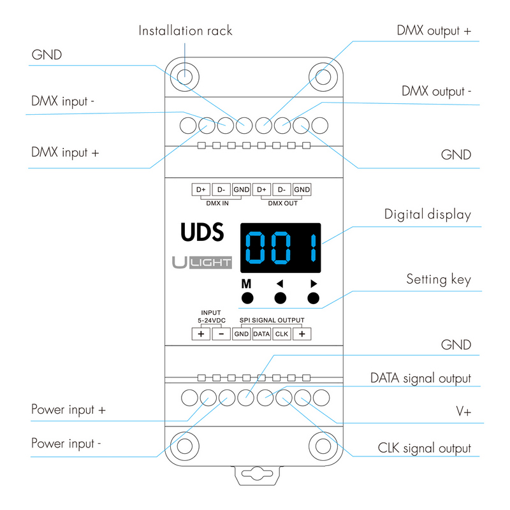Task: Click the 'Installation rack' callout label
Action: [x=186, y=31]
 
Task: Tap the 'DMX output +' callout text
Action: [x=434, y=30]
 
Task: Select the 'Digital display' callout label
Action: [x=427, y=214]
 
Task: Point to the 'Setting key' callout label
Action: [x=439, y=279]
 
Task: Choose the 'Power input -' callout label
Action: [x=66, y=443]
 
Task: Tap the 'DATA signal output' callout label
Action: [x=421, y=378]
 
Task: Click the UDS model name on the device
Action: [x=202, y=233]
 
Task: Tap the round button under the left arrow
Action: [x=280, y=298]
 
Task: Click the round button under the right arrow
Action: [x=312, y=298]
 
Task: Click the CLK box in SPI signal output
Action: [x=281, y=333]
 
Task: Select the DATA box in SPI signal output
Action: [x=261, y=333]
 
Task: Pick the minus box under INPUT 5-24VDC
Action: [x=221, y=333]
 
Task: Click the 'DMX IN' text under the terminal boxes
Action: [x=217, y=203]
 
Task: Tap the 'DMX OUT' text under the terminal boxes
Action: [x=282, y=203]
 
